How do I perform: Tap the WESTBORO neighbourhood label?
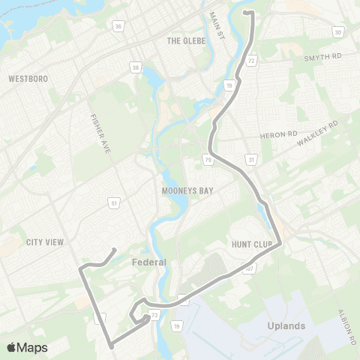[28, 78]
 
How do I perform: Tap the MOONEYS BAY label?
[187, 191]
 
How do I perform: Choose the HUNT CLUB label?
[250, 244]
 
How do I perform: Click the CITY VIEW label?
[45, 241]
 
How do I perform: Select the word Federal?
[148, 262]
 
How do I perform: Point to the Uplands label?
[286, 326]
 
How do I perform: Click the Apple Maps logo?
[28, 347]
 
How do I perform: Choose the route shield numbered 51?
[113, 202]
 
